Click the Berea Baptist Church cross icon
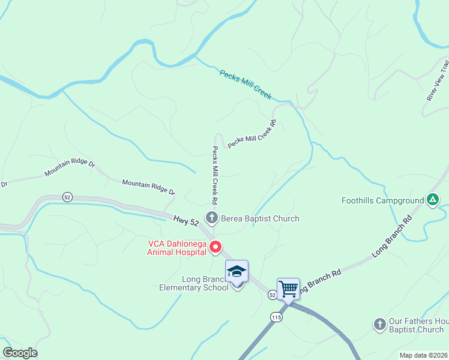(x=211, y=218)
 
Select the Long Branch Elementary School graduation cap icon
(x=237, y=271)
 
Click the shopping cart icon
(x=288, y=289)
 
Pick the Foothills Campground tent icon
(x=432, y=200)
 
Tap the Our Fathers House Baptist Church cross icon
(x=379, y=325)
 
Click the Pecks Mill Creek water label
(x=246, y=85)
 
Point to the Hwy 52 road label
(x=186, y=221)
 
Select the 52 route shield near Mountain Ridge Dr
(x=67, y=197)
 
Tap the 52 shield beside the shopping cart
(x=273, y=295)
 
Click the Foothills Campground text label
(x=382, y=200)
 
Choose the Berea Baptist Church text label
(x=260, y=218)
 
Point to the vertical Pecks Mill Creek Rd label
(x=214, y=174)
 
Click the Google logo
(x=20, y=353)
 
